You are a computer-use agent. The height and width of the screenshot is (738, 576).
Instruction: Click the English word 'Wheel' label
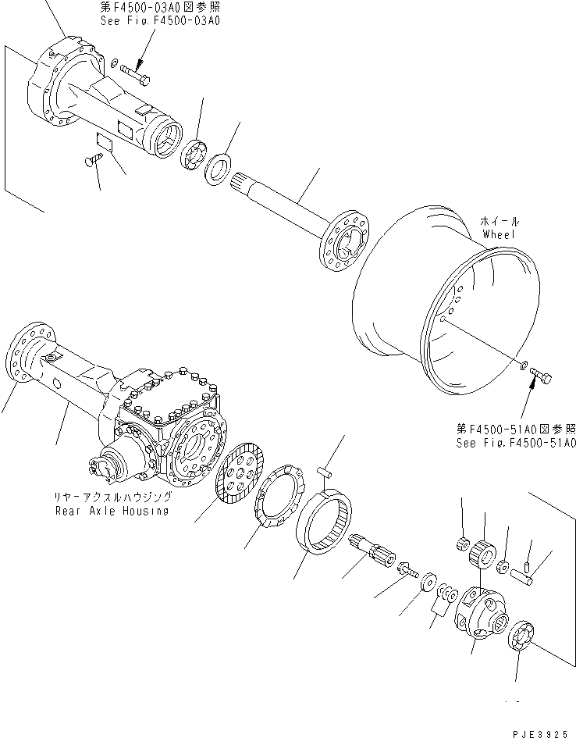[500, 234]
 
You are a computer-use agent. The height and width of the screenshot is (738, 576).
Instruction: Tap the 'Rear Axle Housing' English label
[111, 511]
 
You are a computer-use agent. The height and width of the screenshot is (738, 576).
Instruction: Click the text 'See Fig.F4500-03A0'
[160, 22]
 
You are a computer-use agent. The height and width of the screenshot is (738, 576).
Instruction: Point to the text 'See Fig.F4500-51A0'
[516, 443]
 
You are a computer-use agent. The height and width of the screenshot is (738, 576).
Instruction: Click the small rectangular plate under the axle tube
[104, 141]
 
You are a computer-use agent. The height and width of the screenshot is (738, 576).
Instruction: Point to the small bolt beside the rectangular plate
[92, 160]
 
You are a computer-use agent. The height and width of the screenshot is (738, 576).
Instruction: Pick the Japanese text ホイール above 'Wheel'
[500, 222]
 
